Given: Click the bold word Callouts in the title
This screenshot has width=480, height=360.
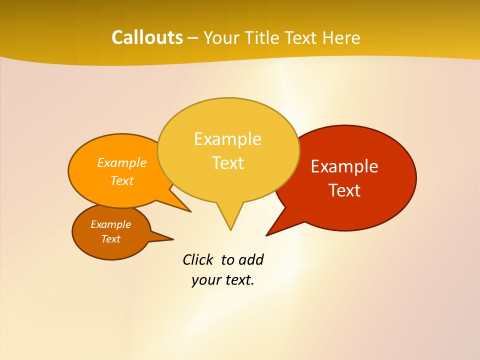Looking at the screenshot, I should (x=147, y=37).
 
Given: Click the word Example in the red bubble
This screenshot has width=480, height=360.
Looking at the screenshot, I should (x=344, y=166).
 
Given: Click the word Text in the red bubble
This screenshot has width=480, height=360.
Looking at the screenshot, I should (x=344, y=190).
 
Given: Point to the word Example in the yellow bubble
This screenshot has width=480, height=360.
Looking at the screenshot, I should (x=227, y=139).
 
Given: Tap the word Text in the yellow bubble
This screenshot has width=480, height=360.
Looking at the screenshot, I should (x=227, y=163).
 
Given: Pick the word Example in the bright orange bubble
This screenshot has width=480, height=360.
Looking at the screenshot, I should (x=122, y=163).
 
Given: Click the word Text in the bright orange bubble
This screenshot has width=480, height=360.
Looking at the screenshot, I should (x=122, y=181).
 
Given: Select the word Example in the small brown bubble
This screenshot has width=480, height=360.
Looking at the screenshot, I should (x=110, y=224).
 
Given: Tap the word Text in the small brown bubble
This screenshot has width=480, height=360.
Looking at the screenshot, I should (x=110, y=239).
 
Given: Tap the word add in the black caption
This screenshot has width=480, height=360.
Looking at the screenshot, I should (x=251, y=260).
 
